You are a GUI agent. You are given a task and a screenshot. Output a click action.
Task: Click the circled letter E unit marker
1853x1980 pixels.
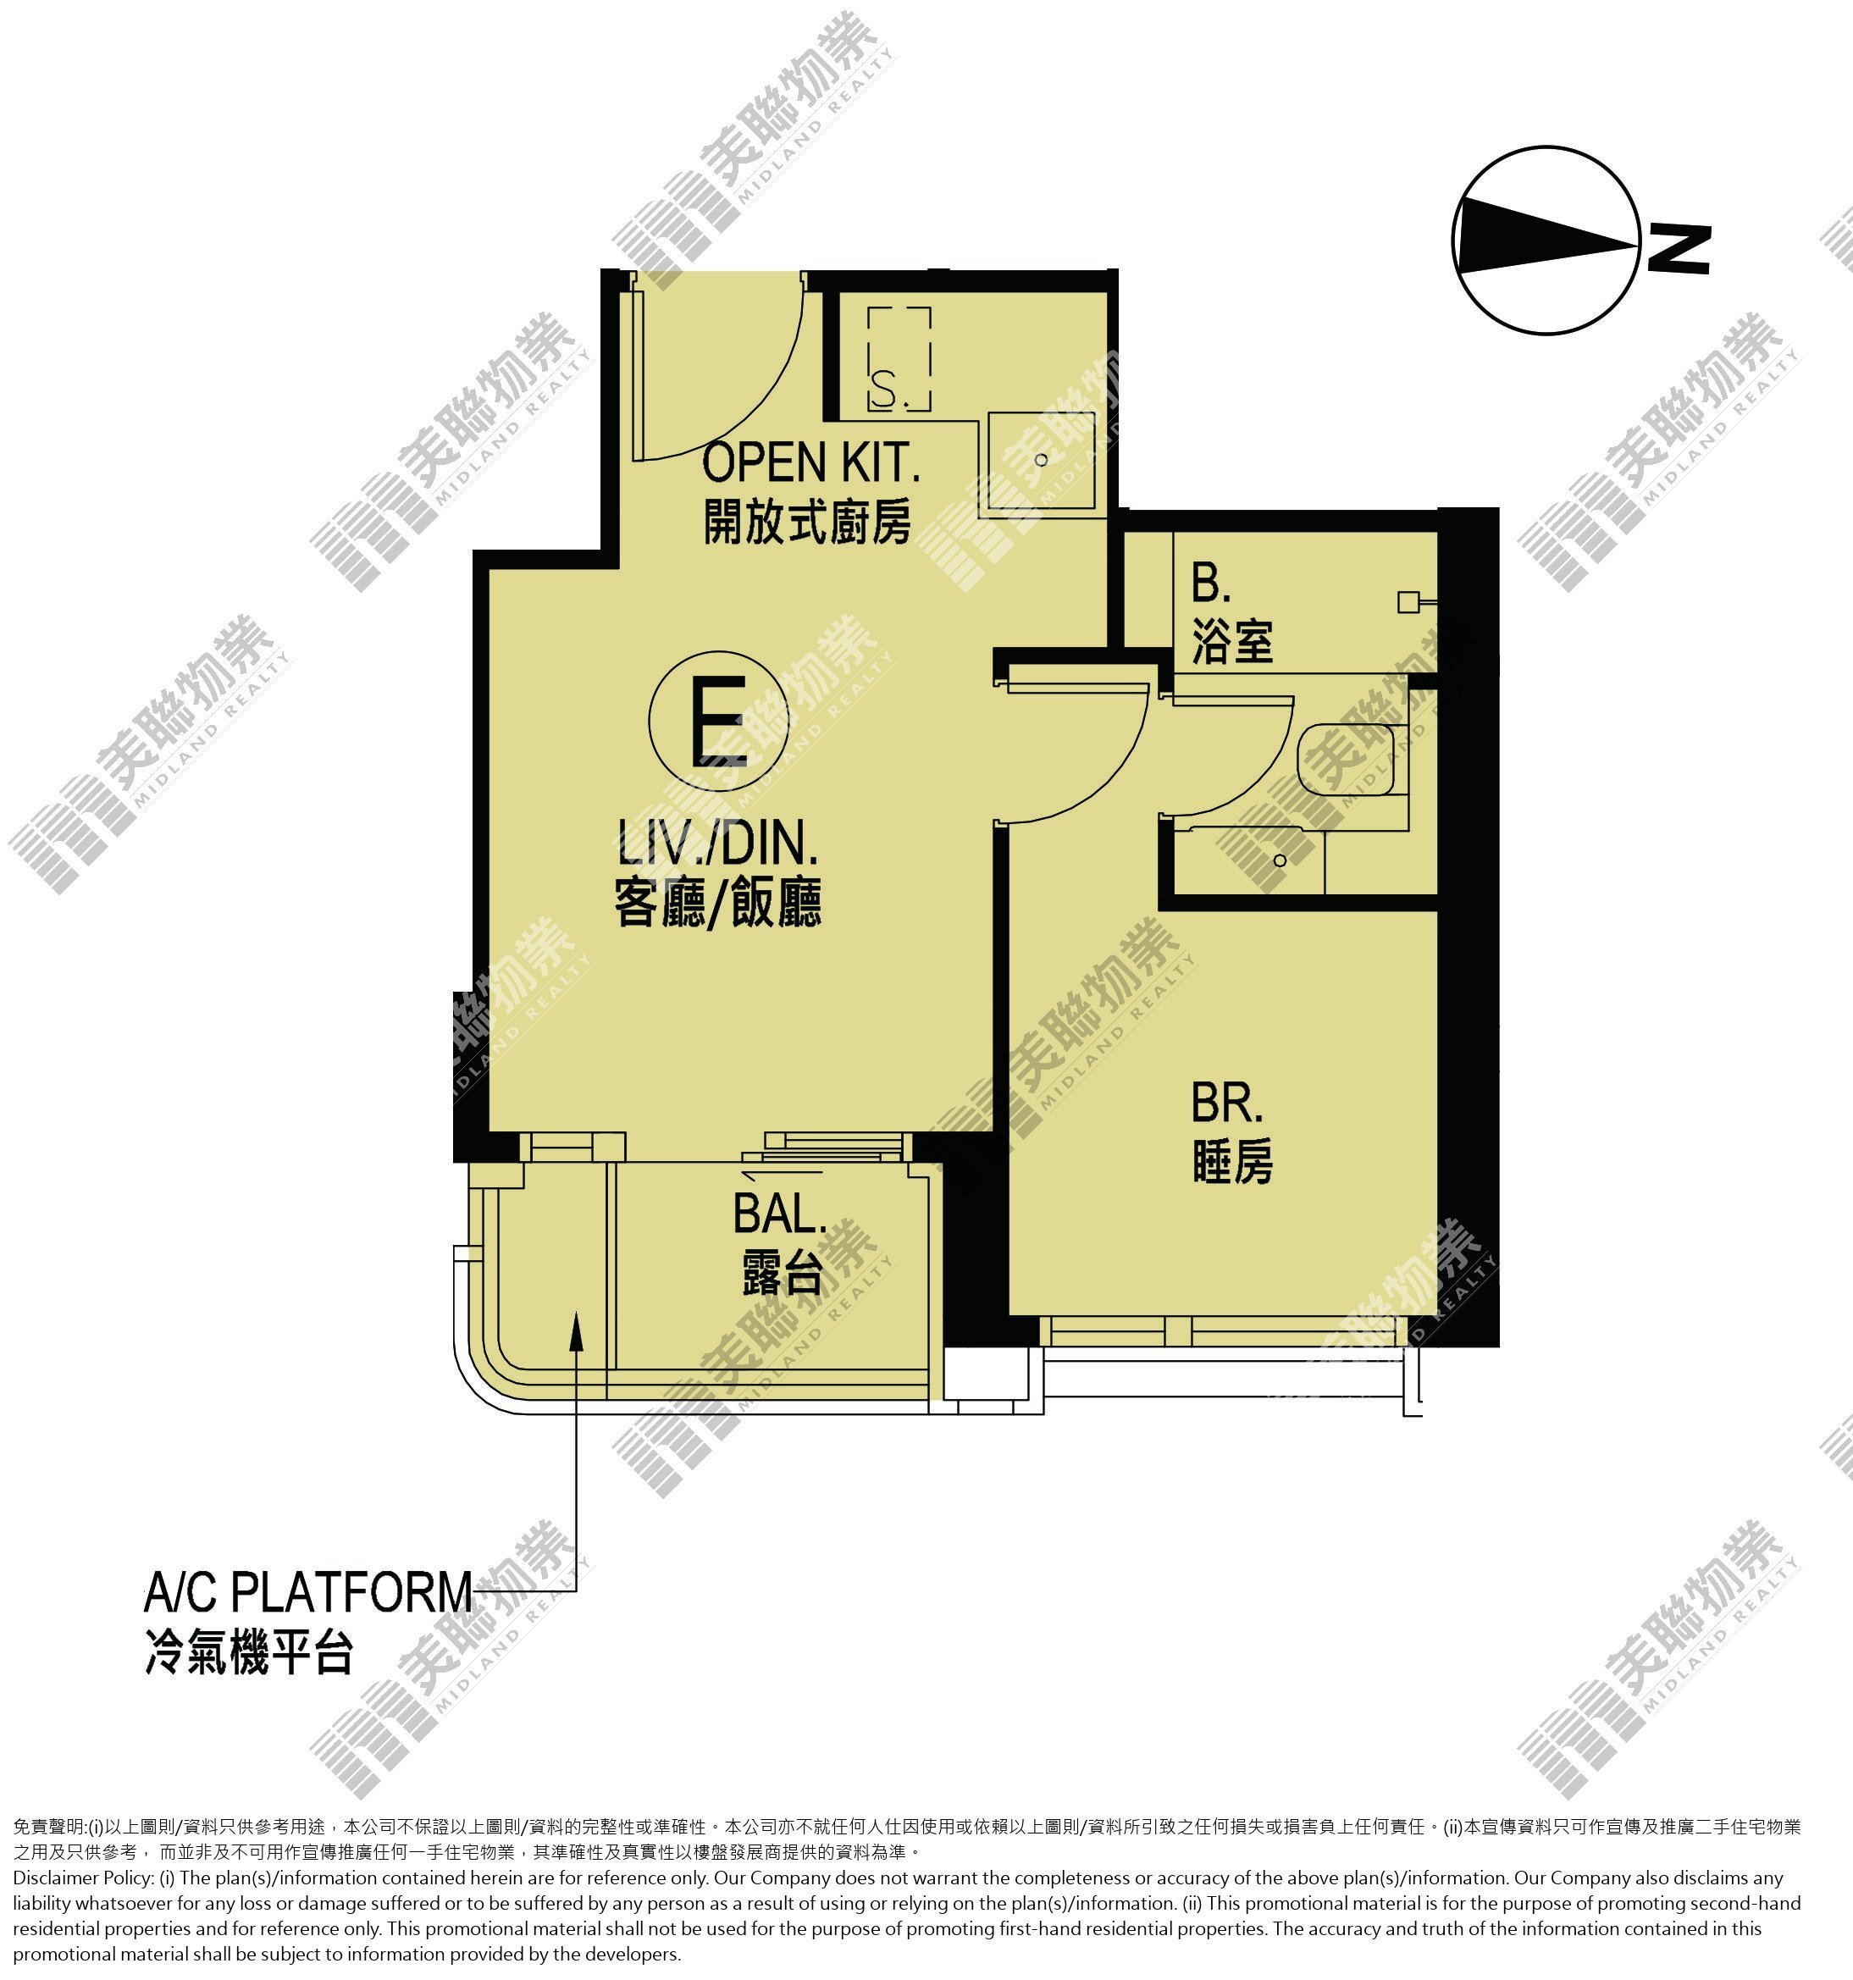[x=718, y=719]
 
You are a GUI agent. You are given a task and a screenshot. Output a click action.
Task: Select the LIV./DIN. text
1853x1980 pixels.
[x=717, y=843]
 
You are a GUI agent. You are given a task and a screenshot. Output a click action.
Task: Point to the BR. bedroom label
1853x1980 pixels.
[x=1226, y=1103]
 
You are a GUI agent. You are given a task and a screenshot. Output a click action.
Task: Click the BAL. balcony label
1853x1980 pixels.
[x=780, y=1213]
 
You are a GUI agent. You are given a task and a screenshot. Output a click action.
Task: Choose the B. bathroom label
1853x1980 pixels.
[x=1211, y=583]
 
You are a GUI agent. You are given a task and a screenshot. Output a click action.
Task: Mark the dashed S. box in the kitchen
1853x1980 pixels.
[x=899, y=360]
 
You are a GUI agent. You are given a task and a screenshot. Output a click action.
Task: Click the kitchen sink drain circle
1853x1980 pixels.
[x=1041, y=460]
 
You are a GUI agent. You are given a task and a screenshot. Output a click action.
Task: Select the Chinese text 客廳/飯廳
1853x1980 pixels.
[x=717, y=903]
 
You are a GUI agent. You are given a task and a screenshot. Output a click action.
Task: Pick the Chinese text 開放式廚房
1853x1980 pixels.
[x=807, y=521]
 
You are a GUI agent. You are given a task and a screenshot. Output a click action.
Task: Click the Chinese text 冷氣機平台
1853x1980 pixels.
[x=249, y=1651]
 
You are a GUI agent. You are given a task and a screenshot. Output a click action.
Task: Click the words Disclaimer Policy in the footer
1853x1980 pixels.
[x=84, y=1878]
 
